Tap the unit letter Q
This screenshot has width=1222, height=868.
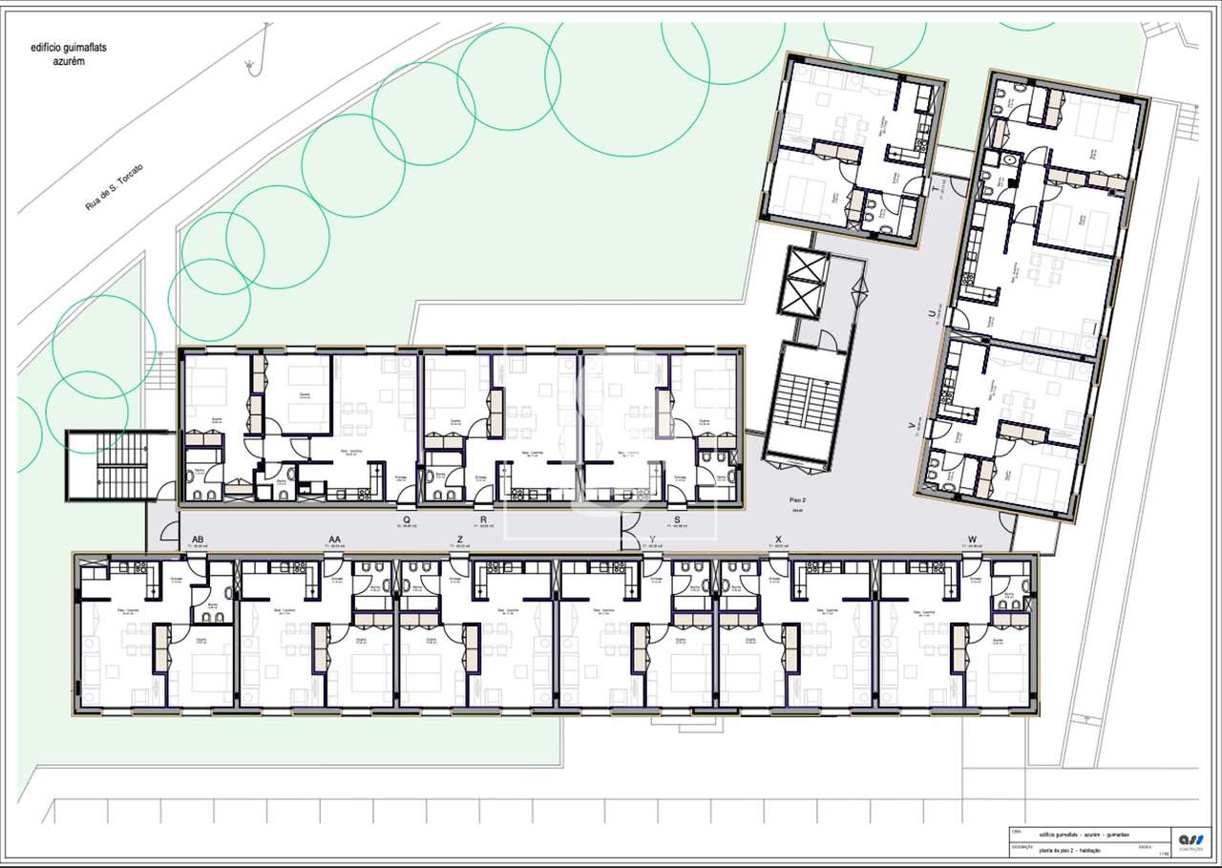click(x=407, y=519)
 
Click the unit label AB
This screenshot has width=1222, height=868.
click(x=198, y=540)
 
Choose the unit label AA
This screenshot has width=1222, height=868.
click(x=334, y=540)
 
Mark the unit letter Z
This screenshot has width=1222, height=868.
click(x=460, y=540)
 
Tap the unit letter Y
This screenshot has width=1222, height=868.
click(x=652, y=540)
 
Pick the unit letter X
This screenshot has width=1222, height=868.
click(x=779, y=540)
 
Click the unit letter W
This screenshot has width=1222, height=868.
click(x=972, y=540)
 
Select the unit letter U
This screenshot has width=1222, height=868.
click(x=932, y=313)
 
